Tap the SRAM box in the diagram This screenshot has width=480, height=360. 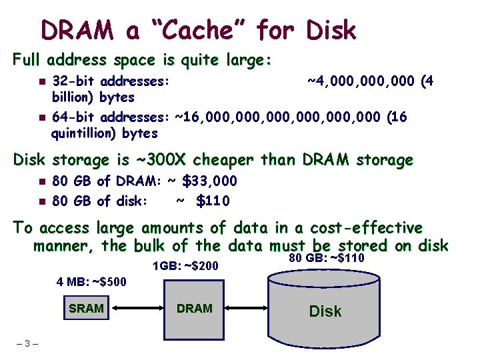(x=86, y=308)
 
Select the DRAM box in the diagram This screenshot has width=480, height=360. (x=195, y=308)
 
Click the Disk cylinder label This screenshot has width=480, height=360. (x=325, y=311)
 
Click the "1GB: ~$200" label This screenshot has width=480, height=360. (x=185, y=267)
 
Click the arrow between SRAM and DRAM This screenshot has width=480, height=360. (x=140, y=308)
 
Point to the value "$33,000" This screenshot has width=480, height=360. (x=210, y=181)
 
